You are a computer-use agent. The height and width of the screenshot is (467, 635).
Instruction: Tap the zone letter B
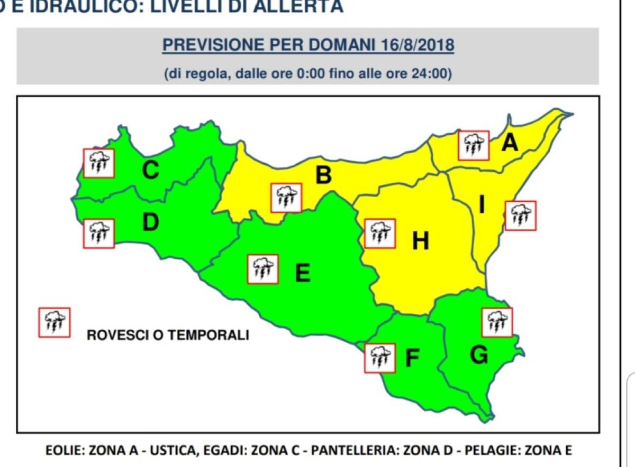(x=323, y=175)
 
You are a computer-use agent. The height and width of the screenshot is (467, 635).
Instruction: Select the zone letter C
(x=151, y=170)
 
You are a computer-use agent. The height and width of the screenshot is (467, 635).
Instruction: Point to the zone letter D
(x=151, y=222)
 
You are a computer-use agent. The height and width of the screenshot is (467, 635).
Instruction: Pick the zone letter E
(x=302, y=273)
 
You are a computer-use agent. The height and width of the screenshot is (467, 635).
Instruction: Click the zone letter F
(x=412, y=359)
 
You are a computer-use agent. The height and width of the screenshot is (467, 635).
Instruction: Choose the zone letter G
(x=479, y=356)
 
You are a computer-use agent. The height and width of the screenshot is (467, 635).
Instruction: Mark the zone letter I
(x=482, y=204)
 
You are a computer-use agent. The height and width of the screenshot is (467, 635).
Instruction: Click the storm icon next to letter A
(x=474, y=145)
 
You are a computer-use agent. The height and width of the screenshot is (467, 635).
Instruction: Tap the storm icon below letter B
(x=286, y=198)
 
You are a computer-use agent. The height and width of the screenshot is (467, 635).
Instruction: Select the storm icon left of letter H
(x=380, y=233)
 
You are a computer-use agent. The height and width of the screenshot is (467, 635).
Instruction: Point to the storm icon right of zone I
(x=520, y=216)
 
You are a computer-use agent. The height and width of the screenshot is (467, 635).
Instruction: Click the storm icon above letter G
(x=497, y=322)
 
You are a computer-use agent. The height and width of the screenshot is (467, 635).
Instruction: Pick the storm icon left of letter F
(x=380, y=358)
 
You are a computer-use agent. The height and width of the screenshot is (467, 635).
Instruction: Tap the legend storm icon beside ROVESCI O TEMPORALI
(x=54, y=322)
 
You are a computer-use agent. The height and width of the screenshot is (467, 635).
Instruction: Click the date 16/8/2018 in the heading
(x=418, y=45)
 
